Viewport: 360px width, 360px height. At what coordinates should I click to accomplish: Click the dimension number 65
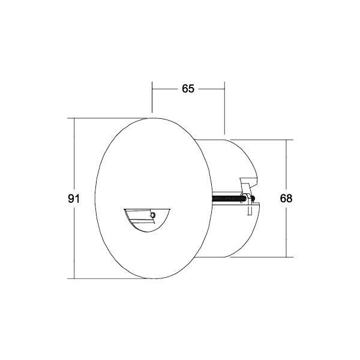pyautogui.click(x=188, y=89)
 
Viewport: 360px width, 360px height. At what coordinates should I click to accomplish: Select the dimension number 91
pyautogui.click(x=74, y=199)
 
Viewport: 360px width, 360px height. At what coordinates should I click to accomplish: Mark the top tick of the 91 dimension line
pyautogui.click(x=74, y=119)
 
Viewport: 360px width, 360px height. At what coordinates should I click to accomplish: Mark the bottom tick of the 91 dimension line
pyautogui.click(x=74, y=278)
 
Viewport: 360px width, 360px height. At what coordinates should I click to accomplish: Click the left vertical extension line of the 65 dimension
pyautogui.click(x=152, y=99)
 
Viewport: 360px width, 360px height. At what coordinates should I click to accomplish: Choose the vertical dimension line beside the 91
pyautogui.click(x=74, y=240)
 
